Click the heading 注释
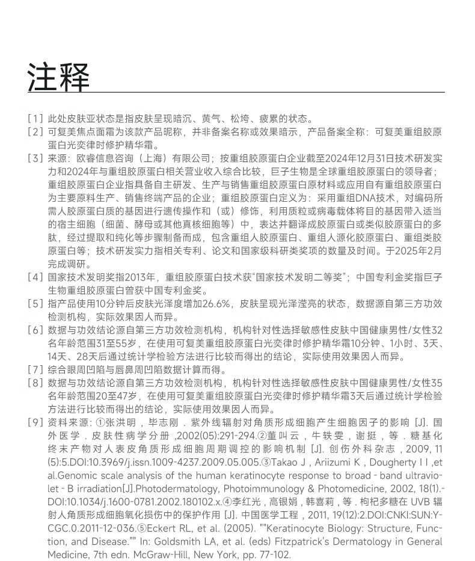click(58, 77)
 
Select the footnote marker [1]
click(35, 119)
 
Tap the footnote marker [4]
click(35, 277)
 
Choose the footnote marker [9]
click(35, 422)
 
